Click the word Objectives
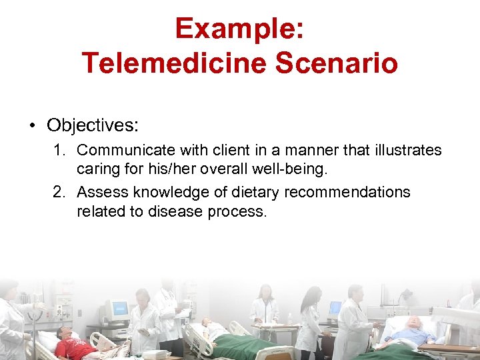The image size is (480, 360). (x=92, y=125)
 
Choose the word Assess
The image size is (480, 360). (x=101, y=193)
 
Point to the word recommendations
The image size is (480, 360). (x=347, y=193)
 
